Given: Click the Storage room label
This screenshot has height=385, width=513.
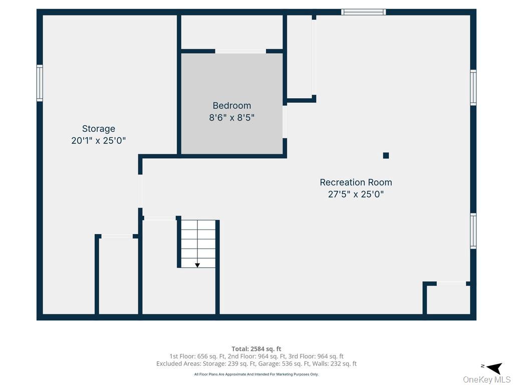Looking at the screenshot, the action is (x=99, y=129).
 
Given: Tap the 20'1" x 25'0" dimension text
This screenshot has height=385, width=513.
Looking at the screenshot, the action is (x=99, y=140).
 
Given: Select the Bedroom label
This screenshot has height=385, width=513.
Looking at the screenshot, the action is (x=232, y=105).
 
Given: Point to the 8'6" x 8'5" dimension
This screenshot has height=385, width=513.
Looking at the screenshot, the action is (x=232, y=117).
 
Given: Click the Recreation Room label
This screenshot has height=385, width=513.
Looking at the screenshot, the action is (x=356, y=182).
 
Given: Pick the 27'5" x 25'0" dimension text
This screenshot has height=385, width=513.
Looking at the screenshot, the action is (x=356, y=194).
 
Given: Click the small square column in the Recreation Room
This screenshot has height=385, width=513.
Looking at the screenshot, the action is (x=386, y=155).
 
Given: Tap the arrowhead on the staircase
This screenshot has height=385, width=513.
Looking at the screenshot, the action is (x=197, y=265).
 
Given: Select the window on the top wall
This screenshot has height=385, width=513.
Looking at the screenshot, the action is (x=364, y=12).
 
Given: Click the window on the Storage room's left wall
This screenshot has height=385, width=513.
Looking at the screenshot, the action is (x=40, y=83).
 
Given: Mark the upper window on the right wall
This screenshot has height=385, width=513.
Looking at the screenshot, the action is (x=473, y=87).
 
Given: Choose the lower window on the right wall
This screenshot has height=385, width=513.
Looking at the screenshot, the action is (x=473, y=231).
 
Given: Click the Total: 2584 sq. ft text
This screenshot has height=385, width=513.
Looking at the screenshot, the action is (x=256, y=349).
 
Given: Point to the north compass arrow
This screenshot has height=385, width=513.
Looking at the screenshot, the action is (x=494, y=367).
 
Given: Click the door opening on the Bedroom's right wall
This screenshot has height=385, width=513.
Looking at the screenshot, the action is (x=285, y=122).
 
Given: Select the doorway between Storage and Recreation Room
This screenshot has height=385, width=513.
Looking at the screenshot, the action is (x=140, y=191).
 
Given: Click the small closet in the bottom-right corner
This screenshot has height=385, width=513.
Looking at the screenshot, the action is (x=447, y=300).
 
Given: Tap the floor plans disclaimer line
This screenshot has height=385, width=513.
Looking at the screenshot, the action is (x=256, y=374).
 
